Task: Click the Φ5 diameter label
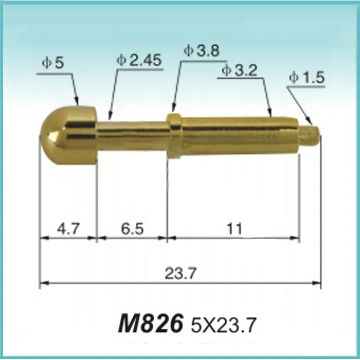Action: point(53,63)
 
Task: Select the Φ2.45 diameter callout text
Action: point(139,60)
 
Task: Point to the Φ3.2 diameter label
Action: point(239,70)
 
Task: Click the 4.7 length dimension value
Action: point(67,228)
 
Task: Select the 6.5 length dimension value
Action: point(132,228)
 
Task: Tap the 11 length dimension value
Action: point(234,228)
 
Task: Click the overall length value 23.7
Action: point(181,273)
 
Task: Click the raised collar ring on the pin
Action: point(175,135)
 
